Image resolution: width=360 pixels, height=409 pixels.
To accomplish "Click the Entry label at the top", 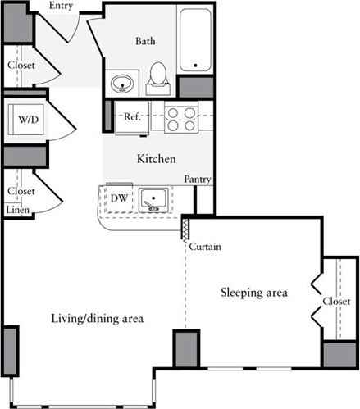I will (61, 7).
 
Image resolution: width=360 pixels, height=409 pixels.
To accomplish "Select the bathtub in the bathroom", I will (194, 41).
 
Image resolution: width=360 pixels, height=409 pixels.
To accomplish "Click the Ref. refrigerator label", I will (134, 116).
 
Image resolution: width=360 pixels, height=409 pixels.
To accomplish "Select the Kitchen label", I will (156, 158).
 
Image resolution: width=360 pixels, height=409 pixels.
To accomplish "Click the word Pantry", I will (198, 179).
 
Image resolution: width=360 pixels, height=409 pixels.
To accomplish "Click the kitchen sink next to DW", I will (153, 198).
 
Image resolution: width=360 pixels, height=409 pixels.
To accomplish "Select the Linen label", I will (18, 211).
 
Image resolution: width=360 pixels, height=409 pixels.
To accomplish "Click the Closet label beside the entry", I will (21, 66).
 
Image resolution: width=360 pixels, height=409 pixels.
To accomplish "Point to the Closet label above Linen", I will (21, 191).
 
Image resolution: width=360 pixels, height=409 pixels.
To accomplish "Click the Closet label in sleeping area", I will (336, 301).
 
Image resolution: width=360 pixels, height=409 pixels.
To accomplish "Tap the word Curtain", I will (204, 247).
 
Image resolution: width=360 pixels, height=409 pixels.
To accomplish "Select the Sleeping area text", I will (253, 292).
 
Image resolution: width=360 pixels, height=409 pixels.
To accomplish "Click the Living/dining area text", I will (97, 318).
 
